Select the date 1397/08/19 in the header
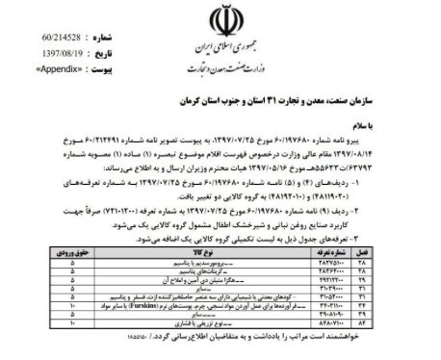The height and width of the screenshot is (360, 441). tap(56, 29)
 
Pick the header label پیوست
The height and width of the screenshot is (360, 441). tap(105, 43)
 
